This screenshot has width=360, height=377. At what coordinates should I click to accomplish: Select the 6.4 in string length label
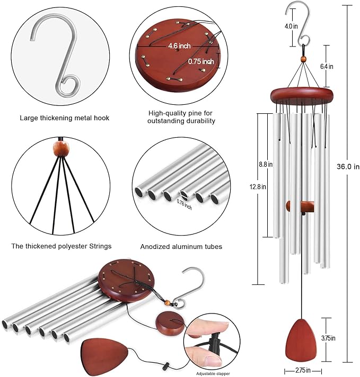pyautogui.click(x=327, y=66)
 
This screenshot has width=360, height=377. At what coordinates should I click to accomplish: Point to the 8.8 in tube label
pyautogui.click(x=266, y=165)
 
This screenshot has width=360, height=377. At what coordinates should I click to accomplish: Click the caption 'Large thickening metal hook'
pyautogui.click(x=65, y=118)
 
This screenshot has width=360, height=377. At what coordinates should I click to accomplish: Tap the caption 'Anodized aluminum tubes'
pyautogui.click(x=181, y=247)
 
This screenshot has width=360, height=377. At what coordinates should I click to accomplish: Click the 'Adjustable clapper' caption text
pyautogui.click(x=212, y=373)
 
